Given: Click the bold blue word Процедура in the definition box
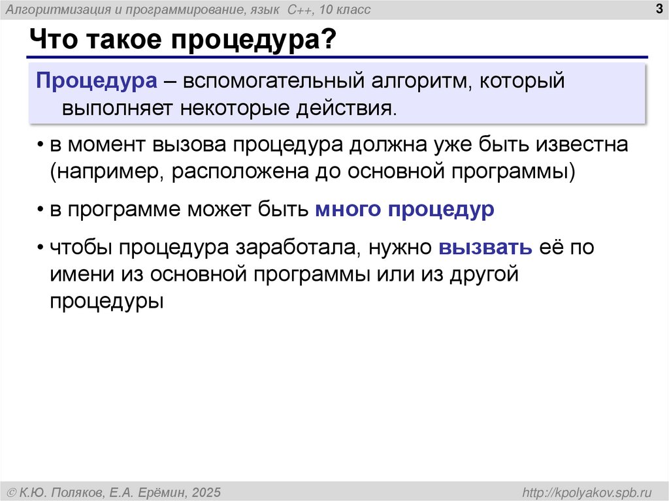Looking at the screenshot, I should click(96, 83).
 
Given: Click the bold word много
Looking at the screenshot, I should click(348, 210).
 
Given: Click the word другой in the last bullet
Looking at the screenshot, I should click(483, 274).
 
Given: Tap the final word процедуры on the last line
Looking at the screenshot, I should click(105, 301).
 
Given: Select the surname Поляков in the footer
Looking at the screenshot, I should click(77, 491).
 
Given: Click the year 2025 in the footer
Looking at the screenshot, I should click(206, 491).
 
